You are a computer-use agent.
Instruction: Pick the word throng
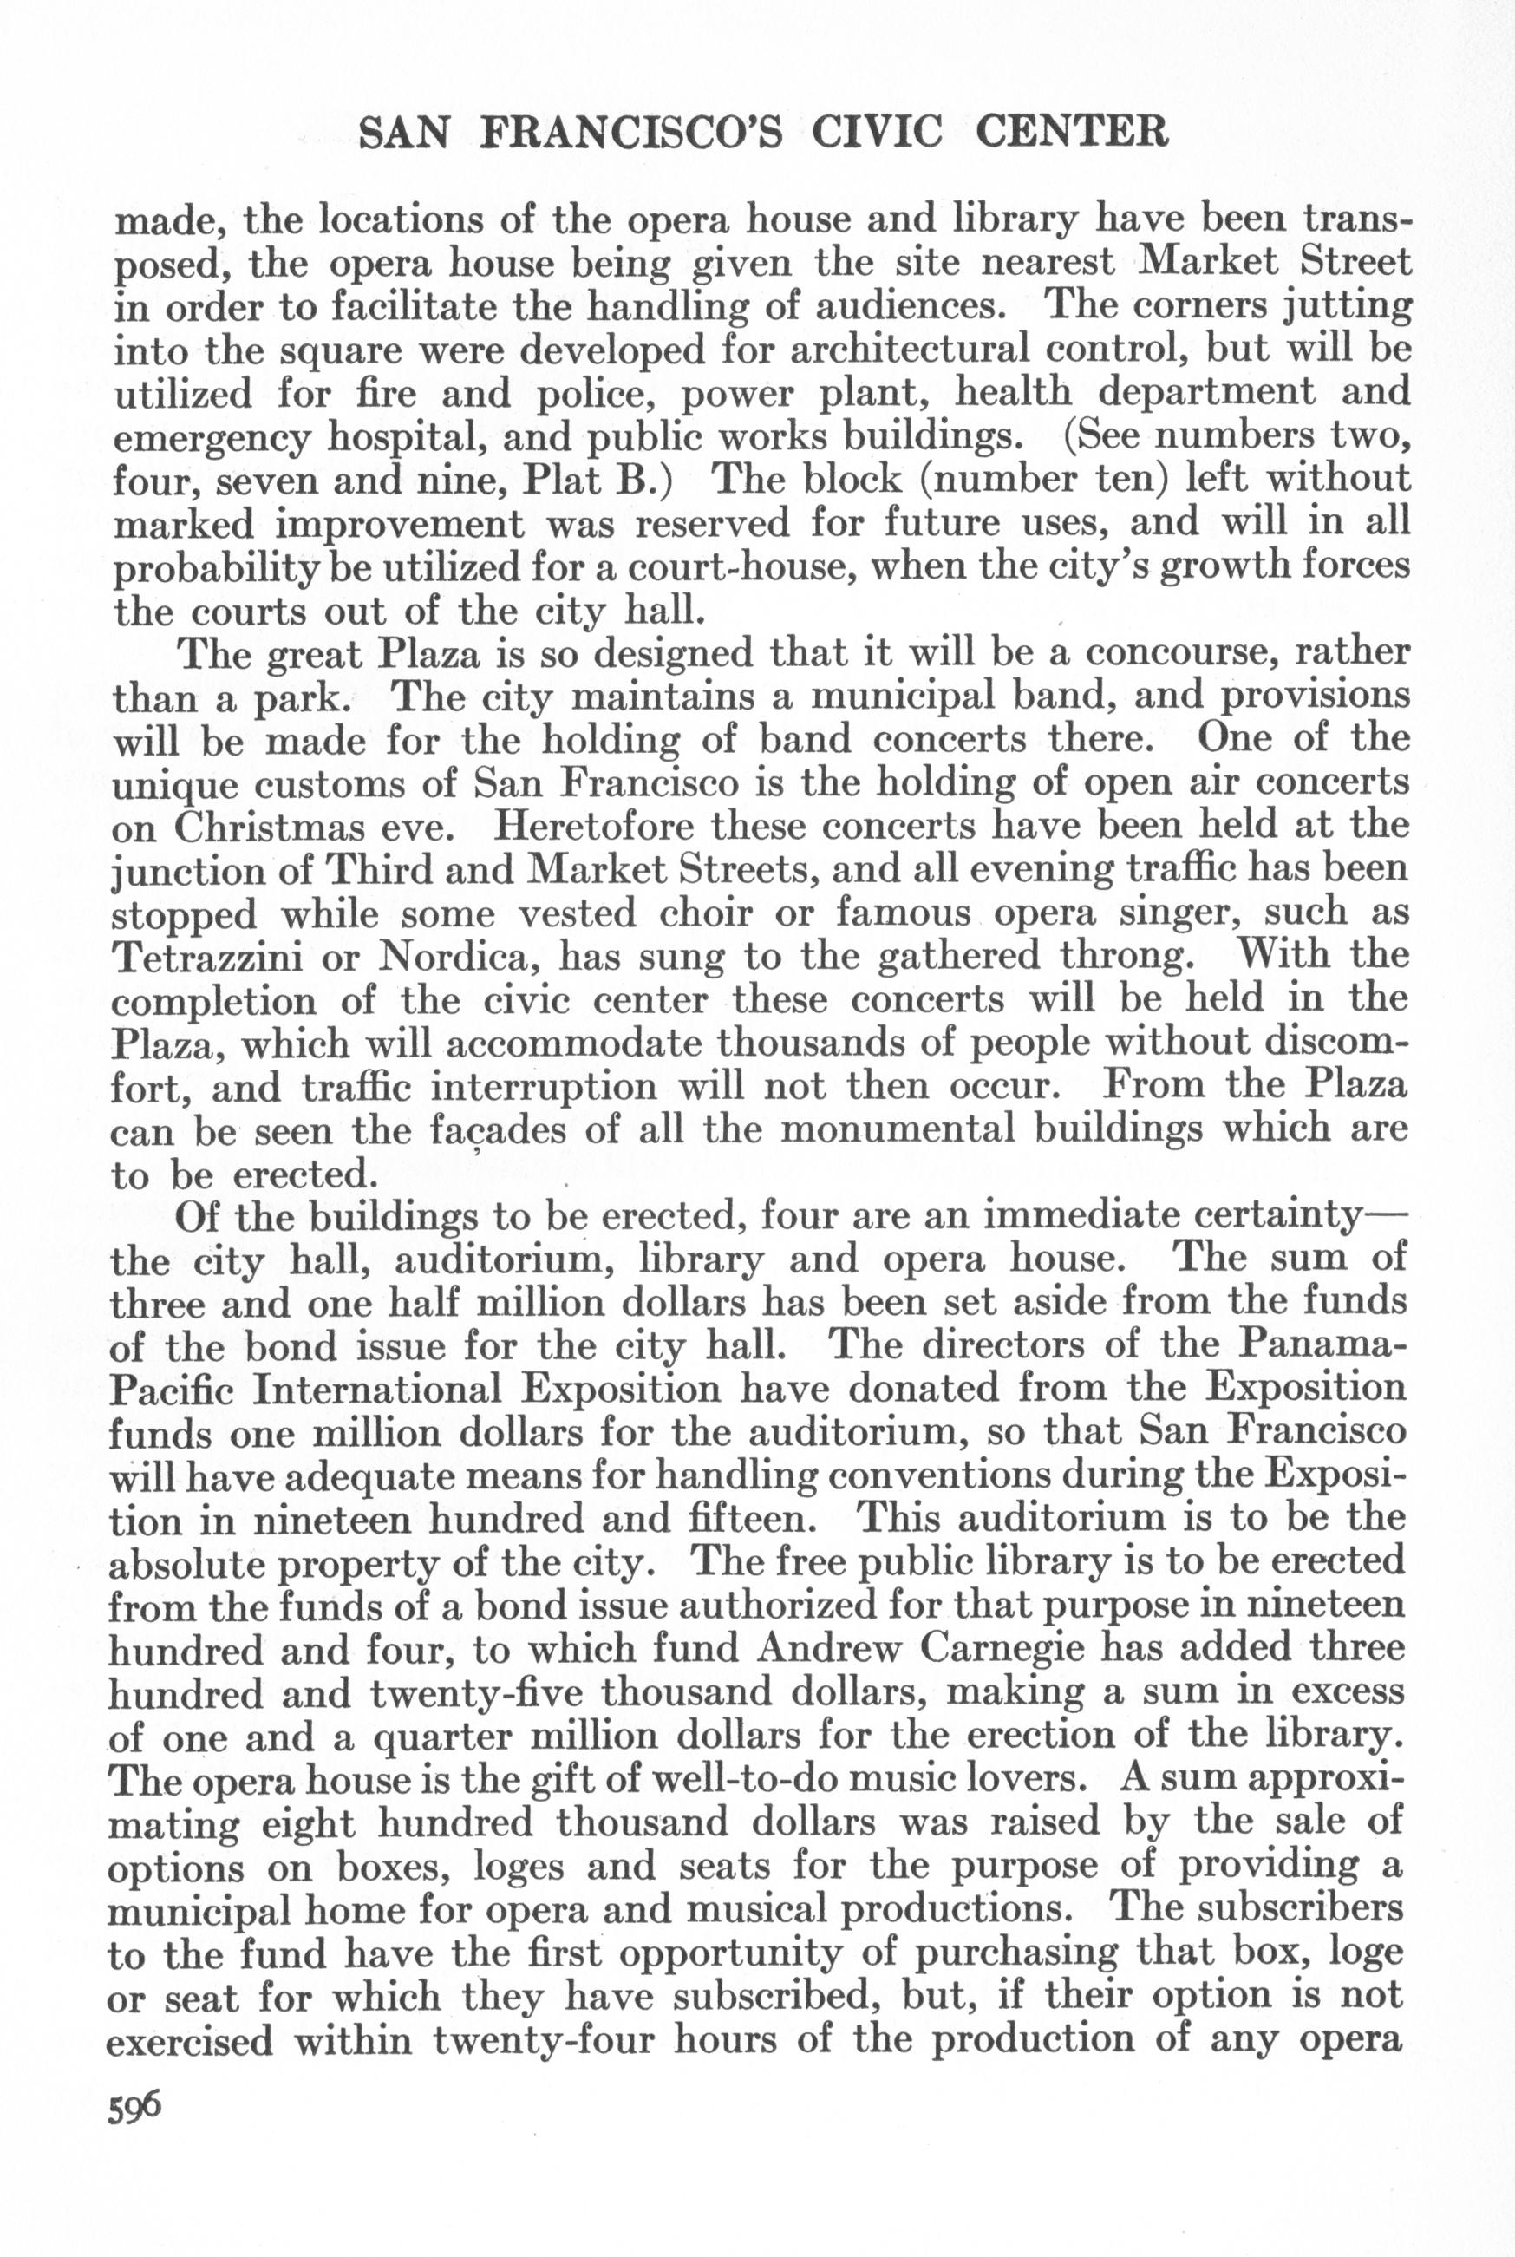coord(1125,957)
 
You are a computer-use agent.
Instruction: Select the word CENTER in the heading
coord(1072,134)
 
